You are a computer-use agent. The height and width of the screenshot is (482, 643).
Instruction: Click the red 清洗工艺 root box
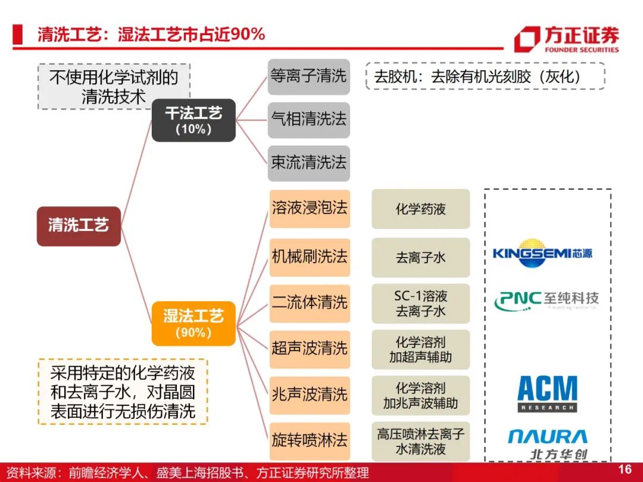(79, 226)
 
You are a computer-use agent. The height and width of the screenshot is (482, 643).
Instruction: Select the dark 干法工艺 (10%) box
(193, 120)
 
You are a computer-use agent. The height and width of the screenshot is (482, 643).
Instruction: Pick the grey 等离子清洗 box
(308, 77)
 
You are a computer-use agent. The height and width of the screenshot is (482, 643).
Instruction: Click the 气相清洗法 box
(308, 120)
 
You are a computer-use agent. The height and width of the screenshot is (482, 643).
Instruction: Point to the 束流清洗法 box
(308, 163)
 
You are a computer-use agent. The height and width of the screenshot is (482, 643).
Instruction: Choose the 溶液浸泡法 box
(309, 208)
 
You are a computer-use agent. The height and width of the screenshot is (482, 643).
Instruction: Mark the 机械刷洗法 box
(309, 257)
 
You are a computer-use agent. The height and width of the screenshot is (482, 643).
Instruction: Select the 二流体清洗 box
(309, 302)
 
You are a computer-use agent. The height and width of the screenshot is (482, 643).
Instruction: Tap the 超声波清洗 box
(309, 348)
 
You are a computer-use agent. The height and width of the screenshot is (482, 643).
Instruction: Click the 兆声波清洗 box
(309, 395)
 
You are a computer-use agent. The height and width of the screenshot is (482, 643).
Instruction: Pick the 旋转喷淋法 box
(309, 441)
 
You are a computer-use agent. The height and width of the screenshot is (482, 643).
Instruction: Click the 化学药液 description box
(420, 209)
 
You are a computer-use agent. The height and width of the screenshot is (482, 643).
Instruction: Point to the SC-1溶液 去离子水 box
(420, 303)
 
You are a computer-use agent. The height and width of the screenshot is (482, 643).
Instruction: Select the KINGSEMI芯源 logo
(542, 253)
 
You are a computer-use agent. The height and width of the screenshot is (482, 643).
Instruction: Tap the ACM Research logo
(547, 393)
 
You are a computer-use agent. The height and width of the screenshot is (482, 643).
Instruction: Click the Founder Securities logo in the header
(566, 39)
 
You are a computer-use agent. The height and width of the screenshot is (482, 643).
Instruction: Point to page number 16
(625, 470)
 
